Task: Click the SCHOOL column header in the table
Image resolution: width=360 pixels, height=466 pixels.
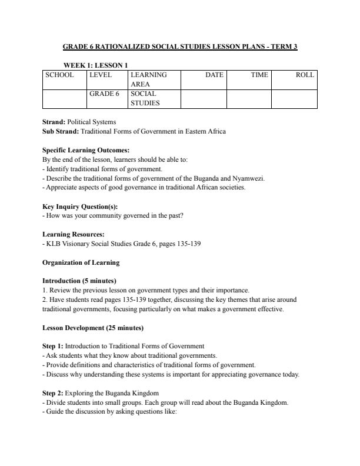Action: click(x=60, y=75)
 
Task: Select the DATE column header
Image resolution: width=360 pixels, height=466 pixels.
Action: click(x=214, y=75)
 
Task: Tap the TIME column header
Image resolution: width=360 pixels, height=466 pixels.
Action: click(x=259, y=75)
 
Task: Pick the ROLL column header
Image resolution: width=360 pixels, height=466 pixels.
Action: click(x=305, y=75)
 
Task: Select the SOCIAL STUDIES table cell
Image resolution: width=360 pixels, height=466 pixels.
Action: click(x=144, y=98)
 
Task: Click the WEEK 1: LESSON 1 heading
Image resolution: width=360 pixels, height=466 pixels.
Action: click(x=95, y=65)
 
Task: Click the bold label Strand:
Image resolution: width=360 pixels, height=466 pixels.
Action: click(x=55, y=122)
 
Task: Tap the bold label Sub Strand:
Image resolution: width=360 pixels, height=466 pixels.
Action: click(x=61, y=132)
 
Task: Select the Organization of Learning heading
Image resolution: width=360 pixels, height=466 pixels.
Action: click(x=81, y=262)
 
